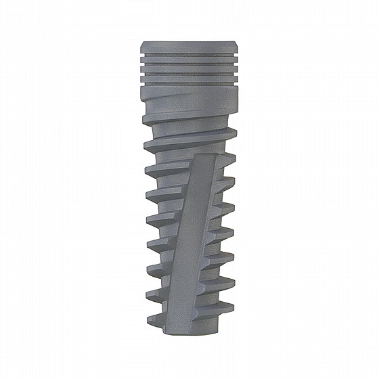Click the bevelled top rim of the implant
(x=189, y=45)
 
